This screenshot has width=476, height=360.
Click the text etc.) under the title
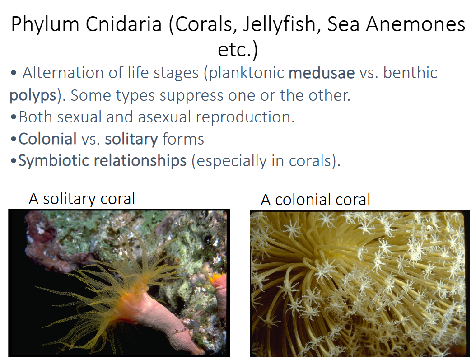point(238,50)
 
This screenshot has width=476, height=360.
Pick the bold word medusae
point(322,73)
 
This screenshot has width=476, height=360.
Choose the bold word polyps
point(33,96)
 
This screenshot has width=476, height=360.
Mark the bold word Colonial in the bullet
point(47,139)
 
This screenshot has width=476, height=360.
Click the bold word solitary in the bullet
point(131,139)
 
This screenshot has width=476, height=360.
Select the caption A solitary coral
point(82,199)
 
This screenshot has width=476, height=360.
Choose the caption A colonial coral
point(315,199)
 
